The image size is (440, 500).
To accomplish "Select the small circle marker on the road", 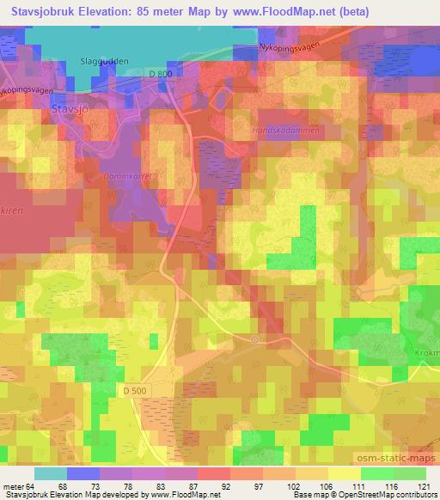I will point(254,339).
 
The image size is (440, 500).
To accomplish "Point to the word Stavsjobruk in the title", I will point(44,12).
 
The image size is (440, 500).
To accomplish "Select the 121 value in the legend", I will point(424,486).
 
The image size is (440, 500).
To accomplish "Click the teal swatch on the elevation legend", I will point(52,473).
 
